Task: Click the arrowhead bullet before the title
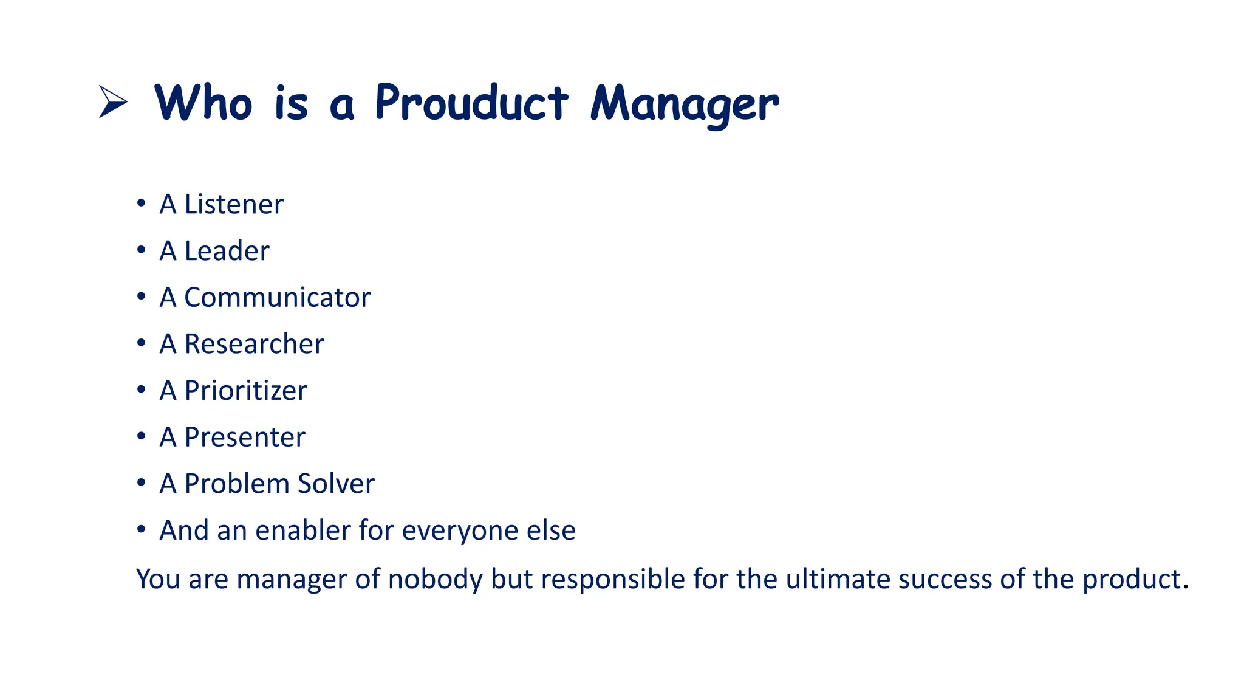pos(113,102)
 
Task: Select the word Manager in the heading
pos(684,105)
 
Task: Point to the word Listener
pos(234,204)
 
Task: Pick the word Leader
pos(227,251)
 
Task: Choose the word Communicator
pos(277,298)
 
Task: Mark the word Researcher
pos(254,344)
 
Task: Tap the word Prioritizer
pos(245,391)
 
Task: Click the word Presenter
pos(245,437)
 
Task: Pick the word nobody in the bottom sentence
pos(435,578)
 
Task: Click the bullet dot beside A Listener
pos(141,203)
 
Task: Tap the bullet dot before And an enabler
pos(141,529)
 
